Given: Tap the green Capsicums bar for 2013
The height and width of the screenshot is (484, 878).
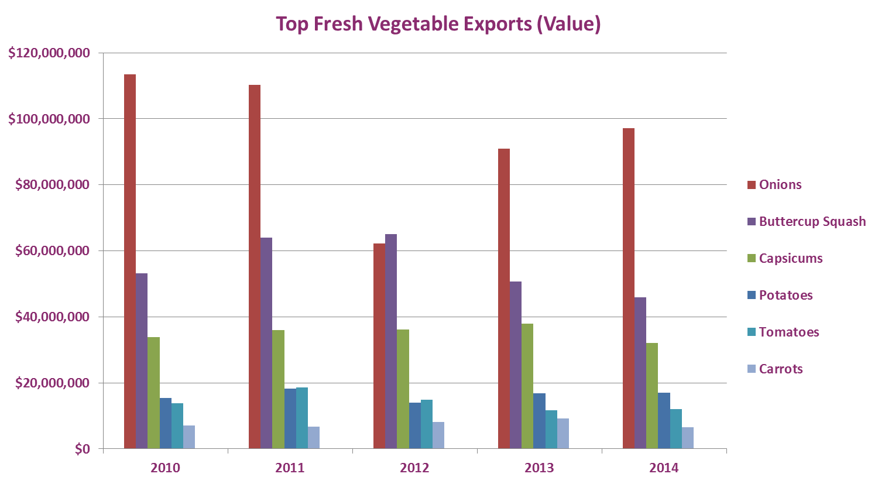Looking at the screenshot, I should (x=527, y=386).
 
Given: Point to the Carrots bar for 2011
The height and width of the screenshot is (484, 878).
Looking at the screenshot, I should (x=314, y=437).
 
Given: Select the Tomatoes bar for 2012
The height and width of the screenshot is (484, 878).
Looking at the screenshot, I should (x=427, y=424).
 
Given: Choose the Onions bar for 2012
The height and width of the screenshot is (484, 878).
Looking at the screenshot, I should (x=379, y=346).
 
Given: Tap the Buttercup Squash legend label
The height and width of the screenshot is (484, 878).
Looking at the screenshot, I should (x=812, y=221).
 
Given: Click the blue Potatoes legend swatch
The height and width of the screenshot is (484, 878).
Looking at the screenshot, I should (x=752, y=295).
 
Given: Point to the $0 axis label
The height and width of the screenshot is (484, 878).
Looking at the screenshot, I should (x=82, y=449).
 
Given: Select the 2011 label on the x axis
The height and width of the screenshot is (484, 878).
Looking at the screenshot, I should (x=290, y=468).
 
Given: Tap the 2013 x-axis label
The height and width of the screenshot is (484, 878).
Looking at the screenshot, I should (x=539, y=468).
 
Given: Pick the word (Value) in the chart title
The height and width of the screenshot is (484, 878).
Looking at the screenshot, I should (x=568, y=24).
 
